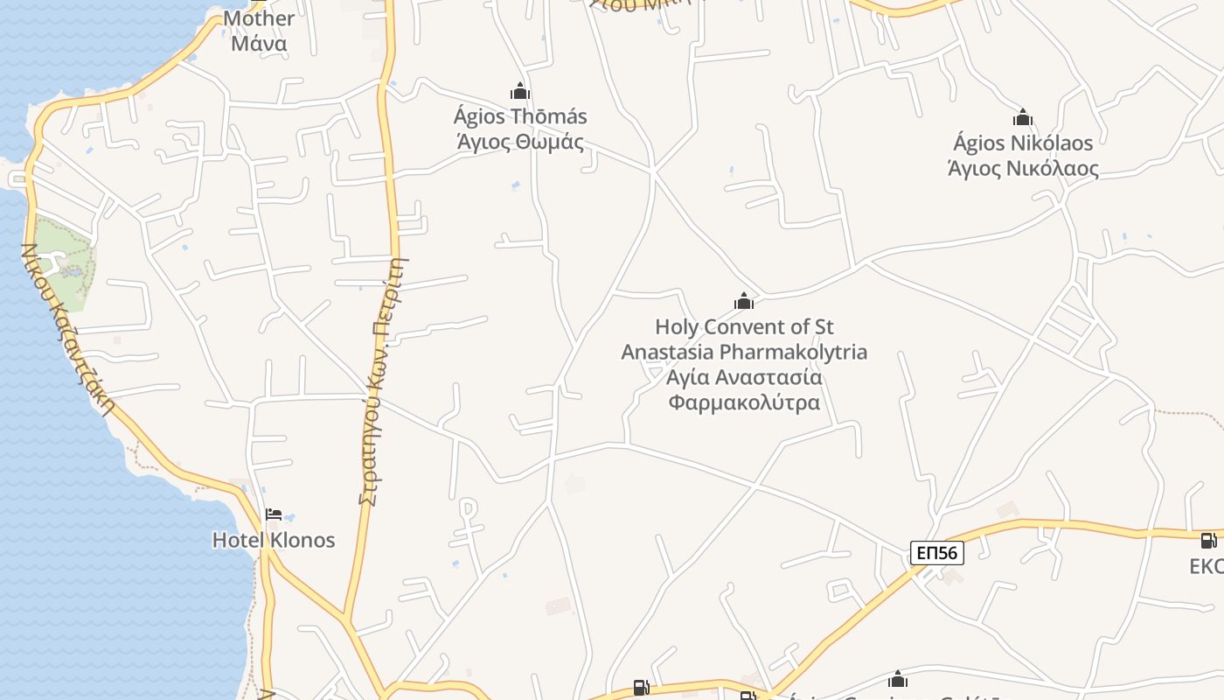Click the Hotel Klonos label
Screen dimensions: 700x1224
pyautogui.click(x=274, y=540)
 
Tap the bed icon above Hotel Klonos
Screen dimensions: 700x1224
pyautogui.click(x=274, y=514)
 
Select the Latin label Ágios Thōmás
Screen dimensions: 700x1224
pyautogui.click(x=520, y=116)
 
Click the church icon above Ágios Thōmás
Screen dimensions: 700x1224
pyautogui.click(x=520, y=91)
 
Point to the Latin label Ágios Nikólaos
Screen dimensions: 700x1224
pyautogui.click(x=1023, y=143)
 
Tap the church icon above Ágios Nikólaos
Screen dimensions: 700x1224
pyautogui.click(x=1023, y=117)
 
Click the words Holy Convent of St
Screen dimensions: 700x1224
pyautogui.click(x=744, y=327)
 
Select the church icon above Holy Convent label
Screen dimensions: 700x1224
pyautogui.click(x=744, y=302)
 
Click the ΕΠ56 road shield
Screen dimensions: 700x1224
pyautogui.click(x=936, y=552)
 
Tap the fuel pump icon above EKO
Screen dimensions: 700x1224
pyautogui.click(x=1208, y=541)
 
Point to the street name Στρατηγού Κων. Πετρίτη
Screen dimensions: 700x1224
pyautogui.click(x=385, y=381)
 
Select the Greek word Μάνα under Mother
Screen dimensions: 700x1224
pyautogui.click(x=259, y=42)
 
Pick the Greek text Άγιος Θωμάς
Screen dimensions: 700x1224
pyautogui.click(x=520, y=141)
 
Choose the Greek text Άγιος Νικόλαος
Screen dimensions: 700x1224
pyautogui.click(x=1023, y=168)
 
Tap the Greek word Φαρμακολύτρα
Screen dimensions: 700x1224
pyautogui.click(x=744, y=402)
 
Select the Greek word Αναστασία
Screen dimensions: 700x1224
pyautogui.click(x=768, y=378)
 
